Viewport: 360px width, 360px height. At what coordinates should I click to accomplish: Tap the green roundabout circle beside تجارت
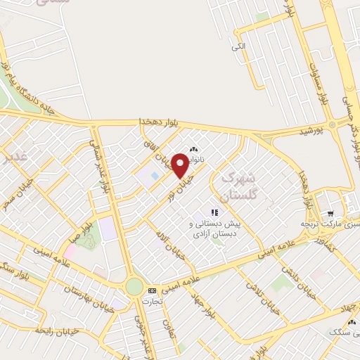pyautogui.click(x=134, y=286)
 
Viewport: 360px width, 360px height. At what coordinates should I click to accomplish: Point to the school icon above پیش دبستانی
pyautogui.click(x=214, y=212)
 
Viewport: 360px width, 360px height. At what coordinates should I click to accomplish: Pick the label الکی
pyautogui.click(x=239, y=46)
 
